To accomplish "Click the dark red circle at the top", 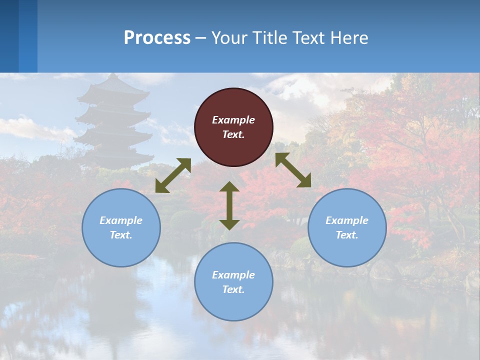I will pos(233,127).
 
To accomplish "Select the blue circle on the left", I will pos(121,227).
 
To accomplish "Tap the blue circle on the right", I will pos(346,227).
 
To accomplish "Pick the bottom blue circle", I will pos(233,282).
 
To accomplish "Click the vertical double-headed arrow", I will pos(229,206).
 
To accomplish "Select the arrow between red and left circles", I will pos(173,175).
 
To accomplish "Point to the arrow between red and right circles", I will pos(293,170).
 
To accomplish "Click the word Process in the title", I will pos(157,37).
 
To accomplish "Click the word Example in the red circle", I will pos(233,120).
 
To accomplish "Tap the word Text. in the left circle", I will pos(121,235).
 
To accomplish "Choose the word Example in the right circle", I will pos(346,220).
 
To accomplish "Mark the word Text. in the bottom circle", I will pos(233,289).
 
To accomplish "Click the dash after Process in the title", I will pos(201,38).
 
